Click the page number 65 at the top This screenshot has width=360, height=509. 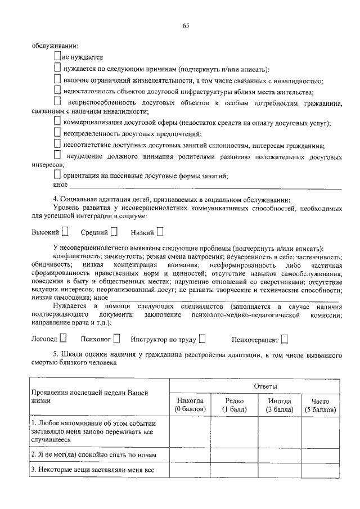pos(186,25)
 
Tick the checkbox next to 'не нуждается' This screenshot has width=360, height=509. pos(58,56)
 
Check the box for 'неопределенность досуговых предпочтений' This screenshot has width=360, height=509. pos(58,133)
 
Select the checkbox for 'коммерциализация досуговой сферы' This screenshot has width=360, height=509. pos(58,121)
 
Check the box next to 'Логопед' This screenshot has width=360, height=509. pos(63,339)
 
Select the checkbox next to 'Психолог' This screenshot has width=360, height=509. pos(116,339)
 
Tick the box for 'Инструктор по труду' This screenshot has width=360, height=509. pos(202,339)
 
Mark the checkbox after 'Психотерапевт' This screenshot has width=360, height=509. pos(285,339)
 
